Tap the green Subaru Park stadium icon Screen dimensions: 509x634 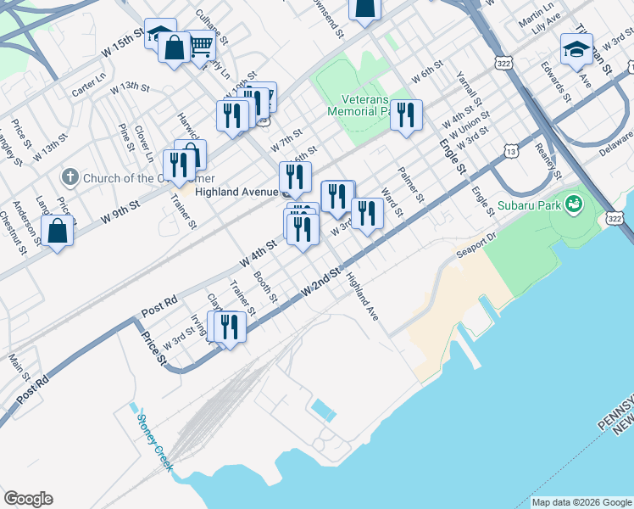tap(574, 204)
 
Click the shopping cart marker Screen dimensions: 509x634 tap(200, 46)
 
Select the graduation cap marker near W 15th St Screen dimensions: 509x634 tap(160, 34)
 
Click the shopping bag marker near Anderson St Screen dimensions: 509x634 tap(57, 232)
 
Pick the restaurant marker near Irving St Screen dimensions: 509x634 tap(228, 326)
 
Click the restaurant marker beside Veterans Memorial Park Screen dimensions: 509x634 tap(406, 115)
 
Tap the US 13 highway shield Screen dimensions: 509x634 tap(510, 151)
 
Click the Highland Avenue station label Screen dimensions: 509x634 tap(237, 192)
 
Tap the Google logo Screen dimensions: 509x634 tap(28, 499)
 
